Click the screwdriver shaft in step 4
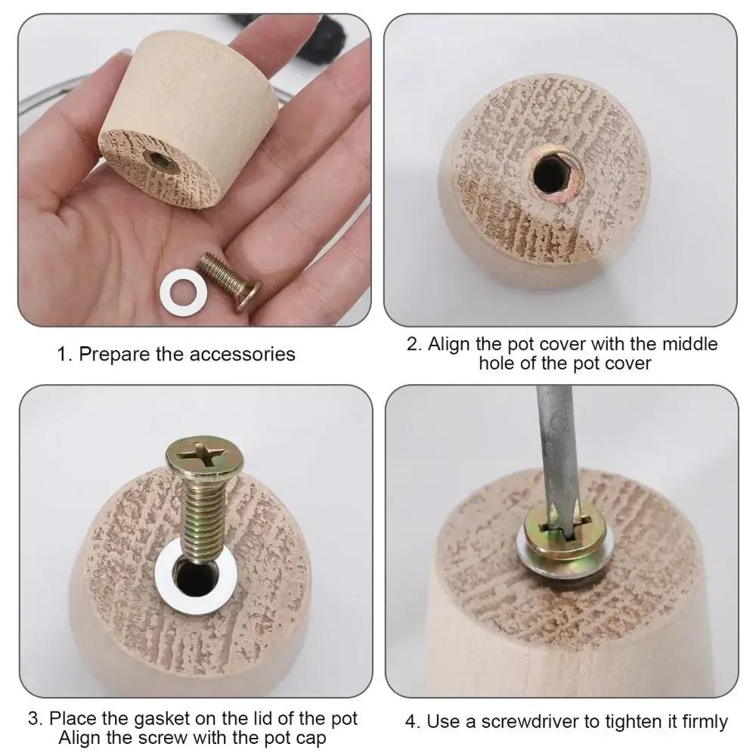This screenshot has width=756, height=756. (x=558, y=454)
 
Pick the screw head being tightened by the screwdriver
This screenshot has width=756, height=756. (x=562, y=528)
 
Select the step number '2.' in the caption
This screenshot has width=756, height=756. (x=414, y=345)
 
